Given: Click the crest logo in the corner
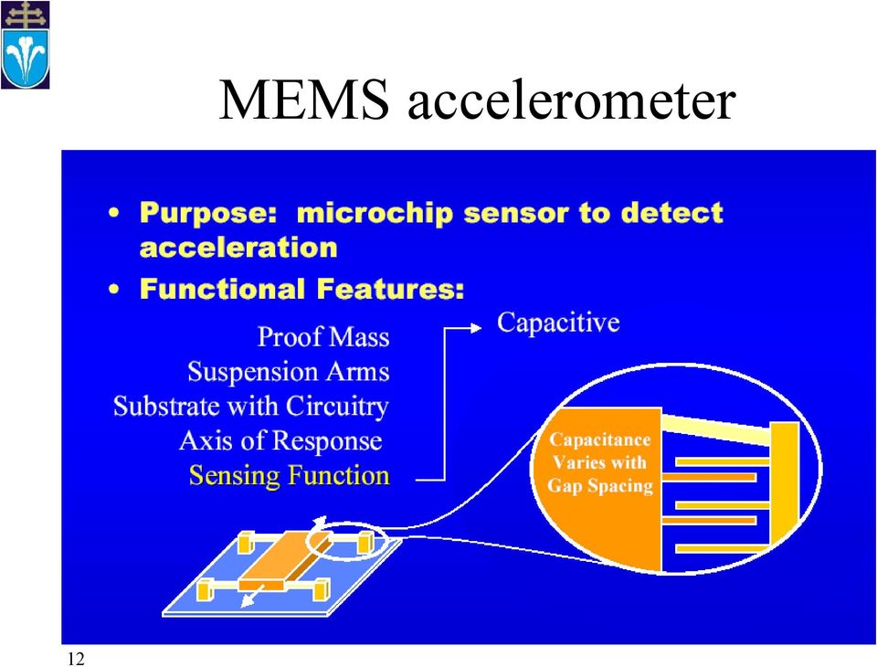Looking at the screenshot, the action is click(26, 45).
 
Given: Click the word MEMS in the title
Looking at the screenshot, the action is click(303, 100).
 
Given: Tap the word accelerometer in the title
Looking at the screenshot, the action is click(571, 101).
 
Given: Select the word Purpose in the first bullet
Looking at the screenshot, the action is click(208, 213).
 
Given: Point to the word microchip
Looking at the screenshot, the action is click(375, 213).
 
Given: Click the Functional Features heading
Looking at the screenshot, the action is click(302, 289).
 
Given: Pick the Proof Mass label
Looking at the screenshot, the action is click(323, 337).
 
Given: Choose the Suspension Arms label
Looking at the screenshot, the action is click(289, 372).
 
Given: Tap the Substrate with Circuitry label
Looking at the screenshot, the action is click(251, 407).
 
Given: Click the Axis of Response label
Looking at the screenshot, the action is click(280, 441).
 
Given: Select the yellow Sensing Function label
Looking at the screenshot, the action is click(290, 476).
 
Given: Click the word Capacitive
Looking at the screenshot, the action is click(558, 323).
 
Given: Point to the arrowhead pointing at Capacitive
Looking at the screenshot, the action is click(476, 328).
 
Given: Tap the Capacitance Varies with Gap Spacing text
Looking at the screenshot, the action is click(600, 462).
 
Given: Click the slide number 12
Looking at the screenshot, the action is click(76, 659).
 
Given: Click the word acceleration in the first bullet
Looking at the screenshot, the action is click(238, 248).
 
